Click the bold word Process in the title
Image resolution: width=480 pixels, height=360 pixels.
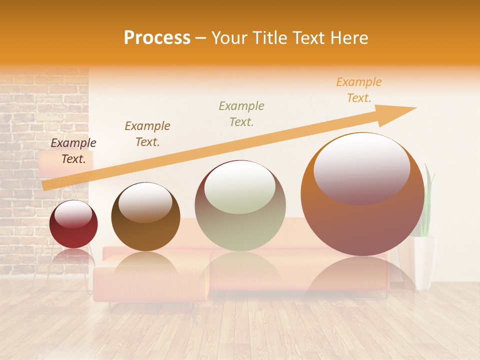[157, 38]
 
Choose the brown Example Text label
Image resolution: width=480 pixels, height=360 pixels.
[147, 134]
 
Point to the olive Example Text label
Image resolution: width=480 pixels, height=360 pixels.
[241, 113]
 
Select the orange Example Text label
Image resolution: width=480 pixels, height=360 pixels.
[359, 90]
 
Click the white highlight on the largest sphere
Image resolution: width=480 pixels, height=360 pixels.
[361, 167]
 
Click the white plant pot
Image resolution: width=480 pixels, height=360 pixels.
[424, 262]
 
